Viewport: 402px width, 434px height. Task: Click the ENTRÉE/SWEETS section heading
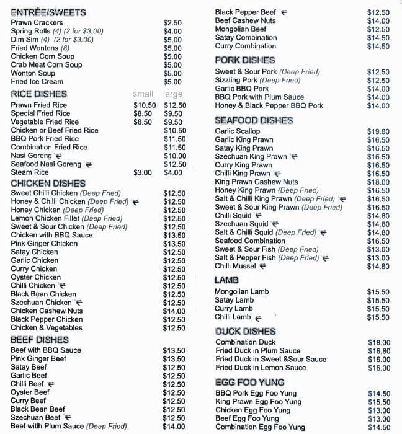coord(48,12)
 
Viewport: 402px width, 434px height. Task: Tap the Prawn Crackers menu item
coord(37,23)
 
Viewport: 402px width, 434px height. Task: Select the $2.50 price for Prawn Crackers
coord(172,23)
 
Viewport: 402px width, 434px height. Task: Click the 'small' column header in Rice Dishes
coord(143,94)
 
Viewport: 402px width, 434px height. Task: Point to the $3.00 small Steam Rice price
coord(143,172)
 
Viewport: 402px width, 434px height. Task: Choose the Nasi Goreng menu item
coord(32,156)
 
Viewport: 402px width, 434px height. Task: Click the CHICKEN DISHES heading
coord(48,184)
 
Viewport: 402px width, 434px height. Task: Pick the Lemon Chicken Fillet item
coord(66,219)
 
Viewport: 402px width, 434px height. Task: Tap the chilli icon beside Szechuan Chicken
coord(79,303)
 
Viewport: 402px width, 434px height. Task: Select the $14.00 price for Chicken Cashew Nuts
coord(174,311)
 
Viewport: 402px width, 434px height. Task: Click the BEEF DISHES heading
coord(39,340)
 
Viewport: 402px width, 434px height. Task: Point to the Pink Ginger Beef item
coord(38,359)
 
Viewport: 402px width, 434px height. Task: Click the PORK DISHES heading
coord(244,60)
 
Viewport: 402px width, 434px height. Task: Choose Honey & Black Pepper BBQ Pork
coord(269,106)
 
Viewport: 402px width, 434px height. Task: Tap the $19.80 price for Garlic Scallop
coord(378,131)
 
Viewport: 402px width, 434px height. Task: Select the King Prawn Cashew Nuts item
coord(256,182)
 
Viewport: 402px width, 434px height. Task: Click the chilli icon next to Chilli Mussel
coord(262,267)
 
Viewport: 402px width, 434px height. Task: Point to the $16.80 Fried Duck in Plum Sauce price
coord(378,351)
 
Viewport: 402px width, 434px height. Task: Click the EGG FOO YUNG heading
coord(249,383)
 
